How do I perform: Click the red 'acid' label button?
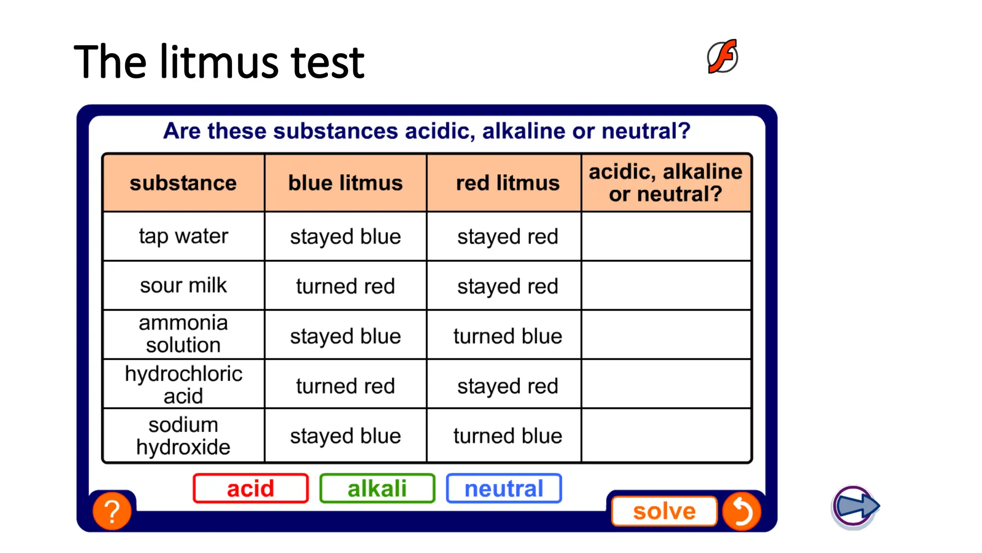(x=250, y=488)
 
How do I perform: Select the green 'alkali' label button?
(x=377, y=488)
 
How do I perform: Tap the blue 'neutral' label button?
(x=503, y=488)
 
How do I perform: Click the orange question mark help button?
(x=112, y=511)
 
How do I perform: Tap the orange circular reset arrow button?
(x=741, y=511)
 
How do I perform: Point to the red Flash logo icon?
(x=722, y=57)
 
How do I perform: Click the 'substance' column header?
(x=183, y=183)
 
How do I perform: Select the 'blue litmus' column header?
(x=345, y=183)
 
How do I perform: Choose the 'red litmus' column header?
(x=507, y=183)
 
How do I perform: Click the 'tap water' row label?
(x=183, y=236)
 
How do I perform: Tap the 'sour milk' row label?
(x=183, y=286)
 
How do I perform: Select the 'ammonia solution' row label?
(x=183, y=334)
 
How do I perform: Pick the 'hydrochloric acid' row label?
(x=183, y=385)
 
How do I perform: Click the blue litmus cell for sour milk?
(x=345, y=286)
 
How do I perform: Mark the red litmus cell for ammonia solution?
(x=507, y=336)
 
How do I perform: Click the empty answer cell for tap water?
(x=666, y=236)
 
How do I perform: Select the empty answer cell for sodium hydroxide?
(x=666, y=436)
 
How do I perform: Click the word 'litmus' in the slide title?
(x=220, y=62)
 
